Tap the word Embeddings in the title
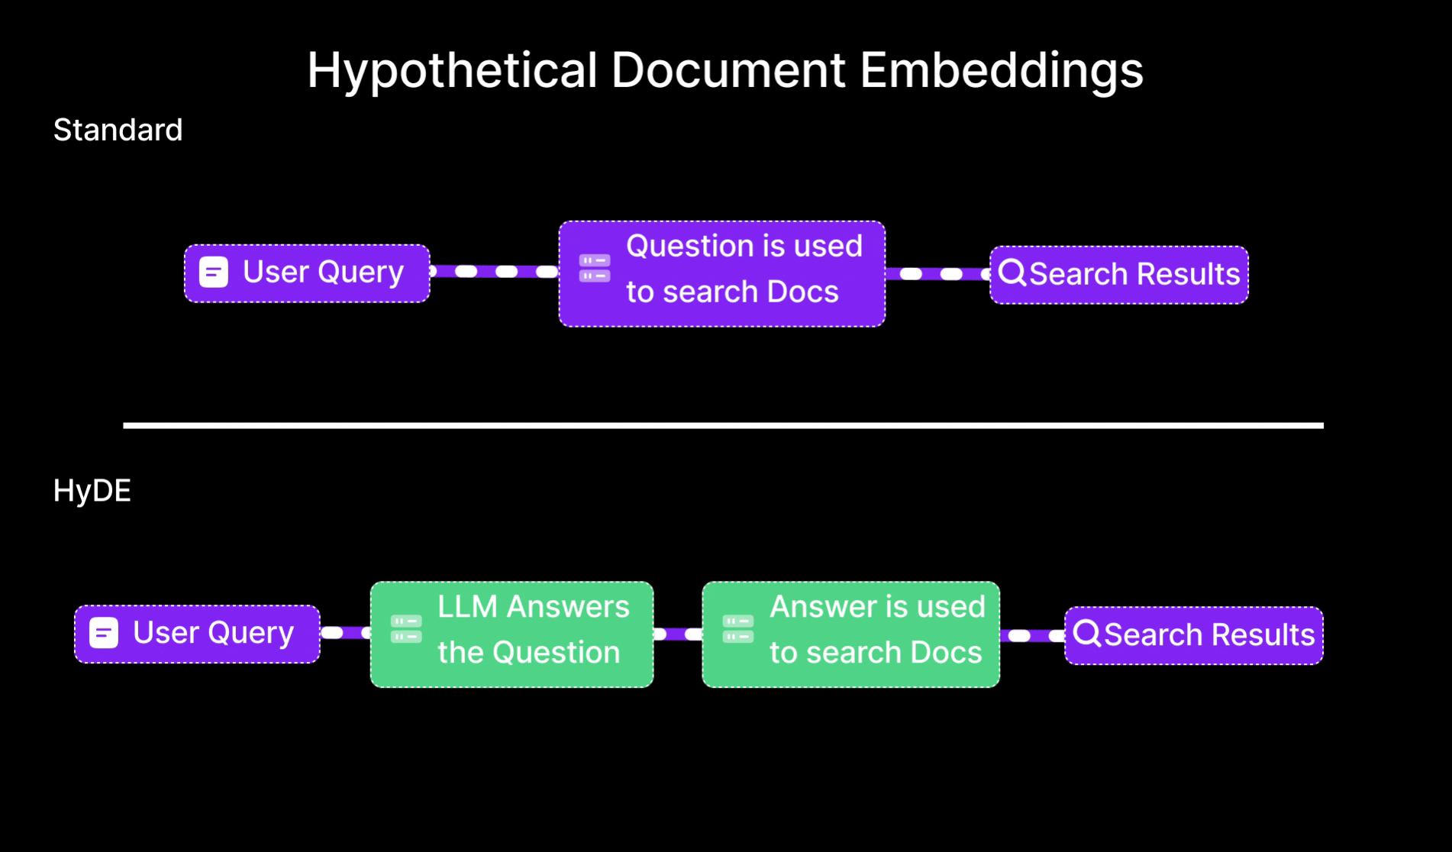pos(1001,70)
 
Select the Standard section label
pos(118,131)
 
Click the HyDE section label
pos(92,491)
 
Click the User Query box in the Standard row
pos(307,273)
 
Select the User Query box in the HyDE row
pos(197,634)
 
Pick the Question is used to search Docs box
pos(722,274)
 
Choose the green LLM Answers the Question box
pos(511,634)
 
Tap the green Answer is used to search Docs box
pos(850,634)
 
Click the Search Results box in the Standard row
pos(1119,275)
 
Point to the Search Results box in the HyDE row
pos(1194,635)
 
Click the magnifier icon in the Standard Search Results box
pos(1012,273)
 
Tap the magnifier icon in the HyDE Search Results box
pos(1087,633)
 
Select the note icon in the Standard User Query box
pos(214,272)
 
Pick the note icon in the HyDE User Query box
pos(104,633)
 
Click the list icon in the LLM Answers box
pos(406,629)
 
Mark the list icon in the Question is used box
pos(595,268)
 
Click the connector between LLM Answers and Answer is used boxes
pos(678,634)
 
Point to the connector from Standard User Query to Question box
pos(494,272)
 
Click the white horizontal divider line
pos(723,425)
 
